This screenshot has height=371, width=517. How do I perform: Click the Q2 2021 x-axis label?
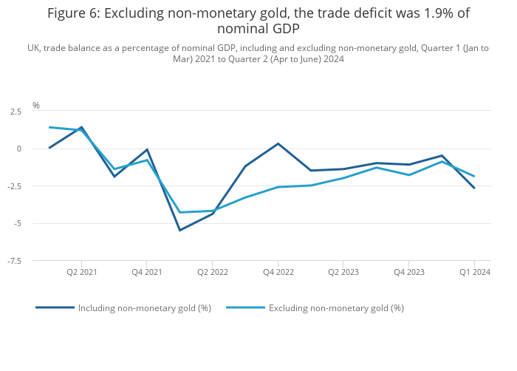click(x=81, y=273)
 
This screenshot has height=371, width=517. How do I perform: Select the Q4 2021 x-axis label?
click(x=147, y=273)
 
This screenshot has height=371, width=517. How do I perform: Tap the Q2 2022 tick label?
click(x=212, y=273)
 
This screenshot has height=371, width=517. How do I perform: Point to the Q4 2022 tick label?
click(x=278, y=273)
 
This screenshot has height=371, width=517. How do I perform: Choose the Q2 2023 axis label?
click(x=343, y=273)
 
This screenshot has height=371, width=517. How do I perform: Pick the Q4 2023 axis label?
click(x=408, y=273)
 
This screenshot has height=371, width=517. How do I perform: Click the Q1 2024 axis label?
click(x=474, y=273)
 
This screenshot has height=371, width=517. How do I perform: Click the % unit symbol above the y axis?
click(x=35, y=106)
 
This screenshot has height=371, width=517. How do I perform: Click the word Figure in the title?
click(x=69, y=13)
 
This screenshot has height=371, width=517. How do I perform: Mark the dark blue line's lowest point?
click(x=179, y=230)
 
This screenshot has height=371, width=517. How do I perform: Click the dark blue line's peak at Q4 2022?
click(x=278, y=143)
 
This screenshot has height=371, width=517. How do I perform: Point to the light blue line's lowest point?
click(x=179, y=212)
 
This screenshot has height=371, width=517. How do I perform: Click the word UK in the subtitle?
click(x=33, y=48)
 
